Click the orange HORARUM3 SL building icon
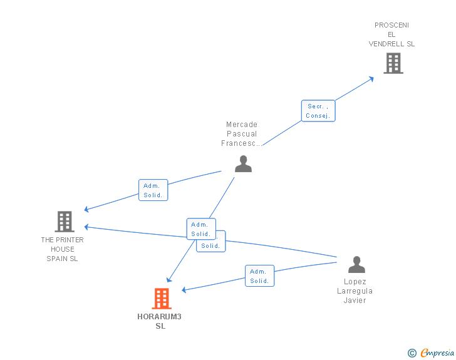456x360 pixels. [x=162, y=299]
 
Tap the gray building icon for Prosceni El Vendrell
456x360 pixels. [x=393, y=63]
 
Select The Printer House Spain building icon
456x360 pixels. [x=65, y=222]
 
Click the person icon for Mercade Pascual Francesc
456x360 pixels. [x=243, y=163]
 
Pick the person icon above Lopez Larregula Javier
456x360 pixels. [x=356, y=265]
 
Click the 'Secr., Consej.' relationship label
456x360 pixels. [x=318, y=111]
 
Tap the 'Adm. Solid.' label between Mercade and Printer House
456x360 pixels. [x=153, y=190]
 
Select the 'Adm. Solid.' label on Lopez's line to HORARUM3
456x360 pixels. [x=259, y=276]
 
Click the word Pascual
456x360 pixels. [x=242, y=134]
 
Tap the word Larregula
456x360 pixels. [x=355, y=291]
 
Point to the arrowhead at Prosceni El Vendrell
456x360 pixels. [x=371, y=78]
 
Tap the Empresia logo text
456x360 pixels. [x=438, y=353]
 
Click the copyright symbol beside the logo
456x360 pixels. [x=412, y=353]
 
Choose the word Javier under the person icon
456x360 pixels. [x=355, y=301]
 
